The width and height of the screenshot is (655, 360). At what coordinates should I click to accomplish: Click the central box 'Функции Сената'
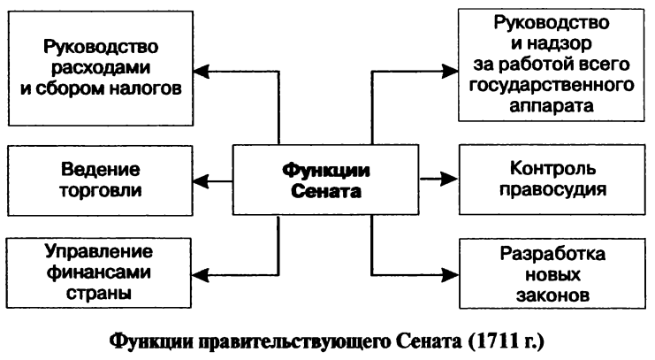pos(326,180)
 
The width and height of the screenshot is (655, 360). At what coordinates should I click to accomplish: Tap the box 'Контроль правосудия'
pos(554,180)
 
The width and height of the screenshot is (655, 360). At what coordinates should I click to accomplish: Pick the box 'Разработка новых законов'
pos(554,275)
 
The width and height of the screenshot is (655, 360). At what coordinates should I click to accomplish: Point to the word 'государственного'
pos(554,87)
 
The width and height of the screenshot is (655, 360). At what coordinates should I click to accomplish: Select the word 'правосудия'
pos(554,189)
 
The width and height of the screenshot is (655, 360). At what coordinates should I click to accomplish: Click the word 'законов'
pos(554,295)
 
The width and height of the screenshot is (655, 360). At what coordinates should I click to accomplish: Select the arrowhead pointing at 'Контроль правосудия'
pos(452,180)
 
